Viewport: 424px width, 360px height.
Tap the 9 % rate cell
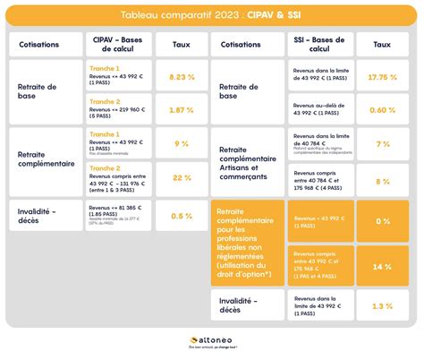tap(181, 143)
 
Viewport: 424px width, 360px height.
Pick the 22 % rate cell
tap(181, 176)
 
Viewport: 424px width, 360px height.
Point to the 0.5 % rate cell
tap(181, 215)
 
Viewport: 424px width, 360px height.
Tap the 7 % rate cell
tap(382, 143)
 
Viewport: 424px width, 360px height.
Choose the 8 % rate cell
tap(382, 181)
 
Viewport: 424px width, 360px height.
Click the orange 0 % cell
tap(382, 220)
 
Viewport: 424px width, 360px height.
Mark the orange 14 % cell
tap(382, 267)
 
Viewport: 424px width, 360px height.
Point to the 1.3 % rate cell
tap(382, 306)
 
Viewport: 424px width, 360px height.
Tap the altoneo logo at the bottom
tap(211, 341)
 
